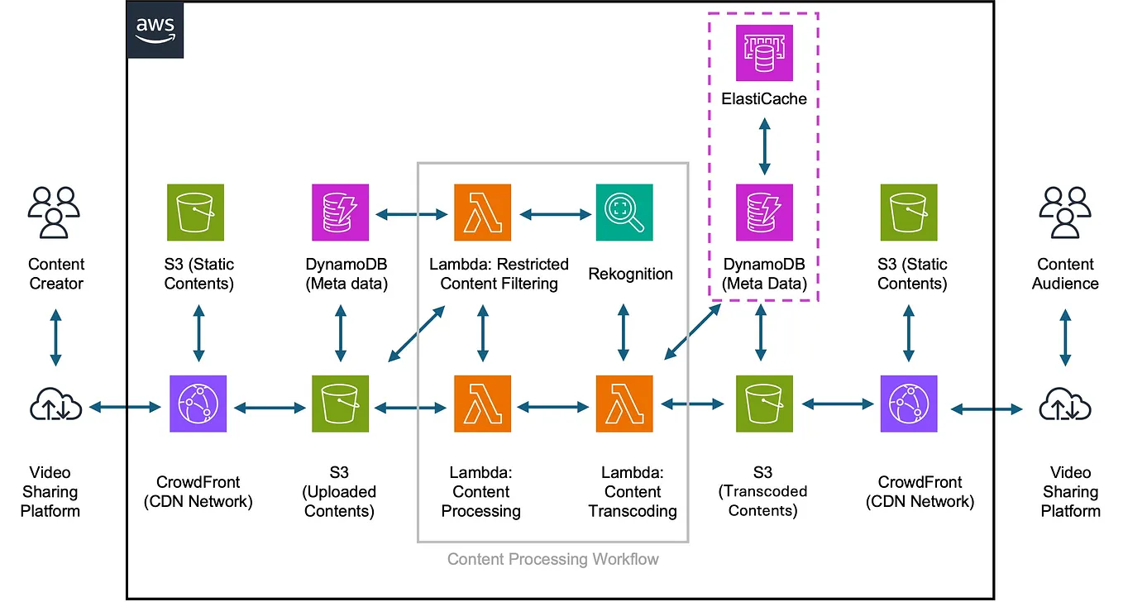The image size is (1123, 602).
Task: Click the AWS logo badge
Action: pyautogui.click(x=155, y=30)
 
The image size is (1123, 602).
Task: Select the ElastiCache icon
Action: pyautogui.click(x=764, y=53)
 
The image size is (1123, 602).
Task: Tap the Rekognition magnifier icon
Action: pyautogui.click(x=624, y=213)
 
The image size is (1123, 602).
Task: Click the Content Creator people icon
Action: pyautogui.click(x=55, y=213)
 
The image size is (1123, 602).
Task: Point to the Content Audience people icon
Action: pyautogui.click(x=1064, y=213)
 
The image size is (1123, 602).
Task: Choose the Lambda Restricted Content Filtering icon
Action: pyautogui.click(x=482, y=213)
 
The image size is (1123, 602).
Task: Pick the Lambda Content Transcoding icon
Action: pyautogui.click(x=624, y=404)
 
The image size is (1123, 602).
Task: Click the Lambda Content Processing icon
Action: pyautogui.click(x=482, y=404)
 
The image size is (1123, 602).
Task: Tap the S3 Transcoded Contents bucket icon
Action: pyautogui.click(x=764, y=404)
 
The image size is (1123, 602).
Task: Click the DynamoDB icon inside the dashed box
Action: pyautogui.click(x=764, y=213)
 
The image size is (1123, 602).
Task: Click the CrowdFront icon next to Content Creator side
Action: pyautogui.click(x=198, y=404)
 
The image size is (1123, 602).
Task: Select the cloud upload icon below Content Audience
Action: pyautogui.click(x=1064, y=405)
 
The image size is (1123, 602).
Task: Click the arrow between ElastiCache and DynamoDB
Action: pyautogui.click(x=764, y=146)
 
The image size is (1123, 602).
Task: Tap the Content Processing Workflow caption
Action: pyautogui.click(x=552, y=560)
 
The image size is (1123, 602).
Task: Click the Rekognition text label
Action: pyautogui.click(x=630, y=274)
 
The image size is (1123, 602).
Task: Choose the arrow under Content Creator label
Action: pyautogui.click(x=55, y=337)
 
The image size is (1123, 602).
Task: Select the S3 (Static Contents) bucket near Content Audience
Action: pyautogui.click(x=908, y=213)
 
